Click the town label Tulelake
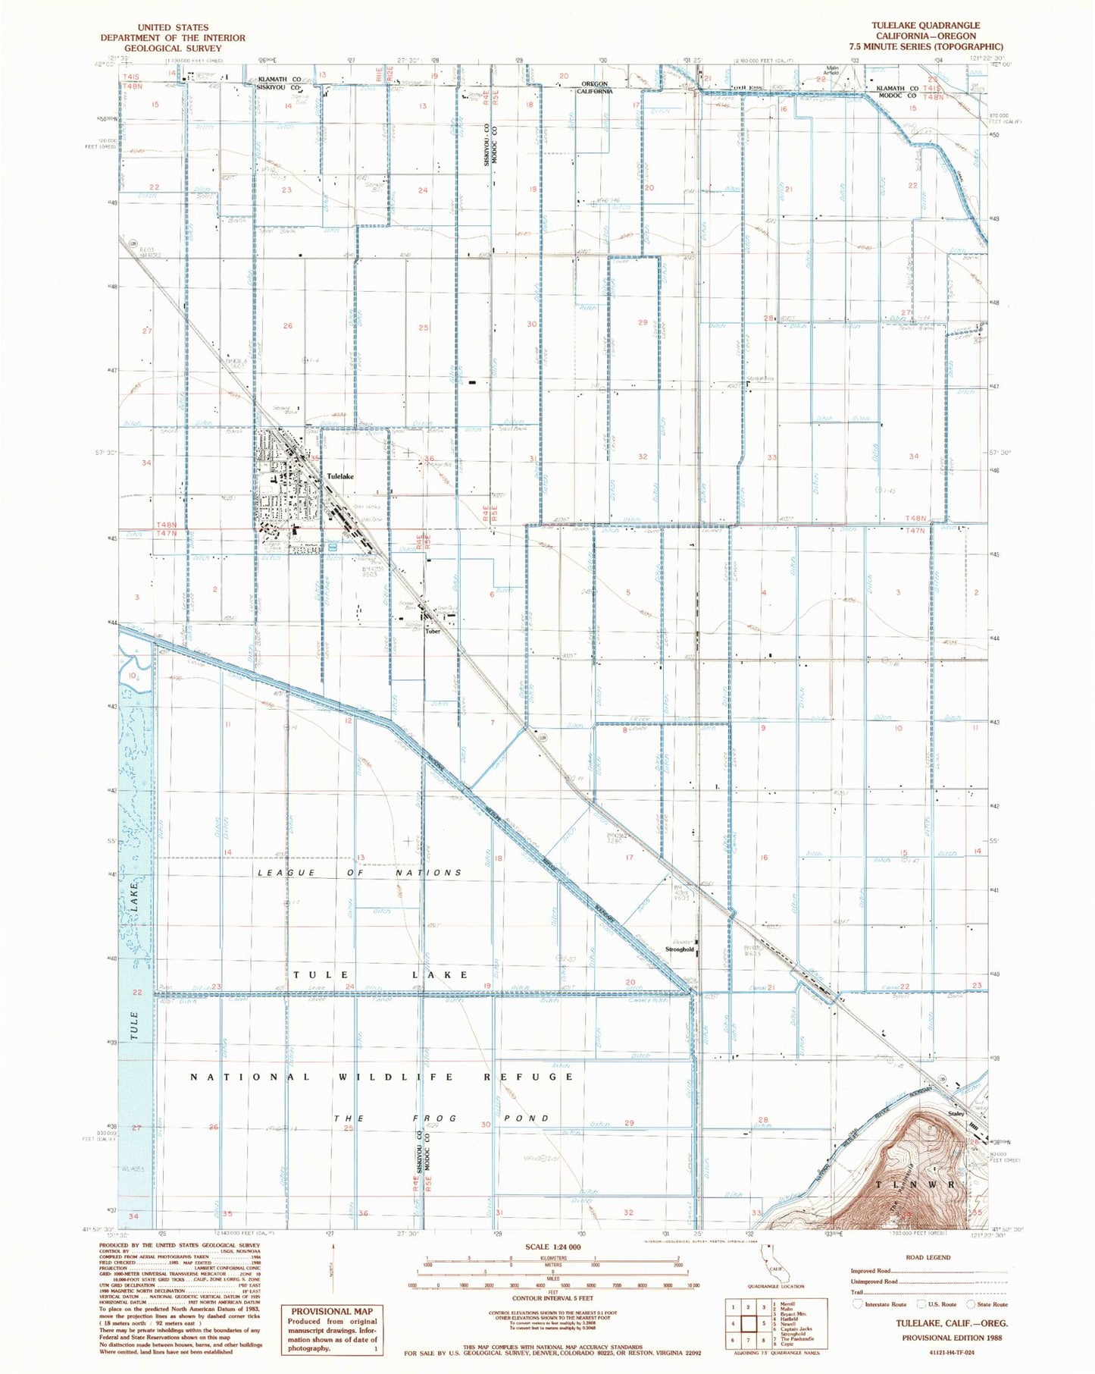340,476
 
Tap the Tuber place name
432,631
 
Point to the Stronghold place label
679,949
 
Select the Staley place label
956,1114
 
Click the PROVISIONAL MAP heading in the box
332,1310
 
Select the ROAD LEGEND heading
928,1256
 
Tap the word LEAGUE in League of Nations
287,873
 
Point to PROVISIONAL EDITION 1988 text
951,1338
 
